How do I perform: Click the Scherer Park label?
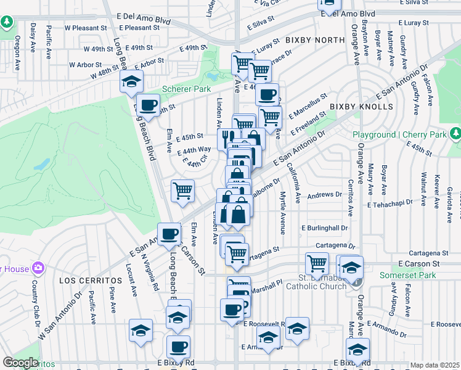click(x=186, y=89)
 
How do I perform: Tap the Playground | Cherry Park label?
click(x=399, y=135)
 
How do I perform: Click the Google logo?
click(x=20, y=363)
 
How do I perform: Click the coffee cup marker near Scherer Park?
click(x=147, y=105)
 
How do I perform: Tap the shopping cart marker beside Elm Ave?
click(x=182, y=191)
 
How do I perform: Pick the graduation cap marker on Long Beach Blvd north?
click(x=132, y=81)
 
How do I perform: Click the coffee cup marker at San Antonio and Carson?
click(x=169, y=234)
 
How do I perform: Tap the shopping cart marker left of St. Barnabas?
click(x=317, y=263)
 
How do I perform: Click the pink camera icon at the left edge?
click(x=39, y=268)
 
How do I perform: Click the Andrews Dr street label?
click(x=325, y=194)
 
